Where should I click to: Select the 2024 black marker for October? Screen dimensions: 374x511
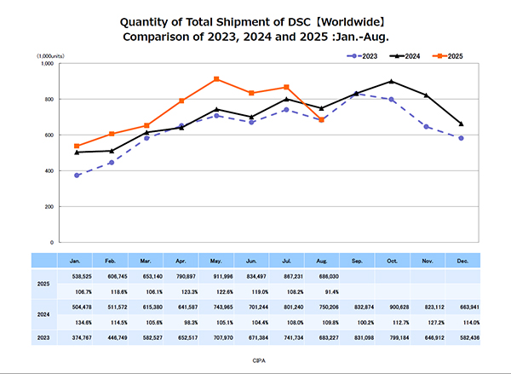391,81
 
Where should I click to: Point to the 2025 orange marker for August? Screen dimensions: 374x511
320,120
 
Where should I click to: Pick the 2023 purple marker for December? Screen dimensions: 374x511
461,138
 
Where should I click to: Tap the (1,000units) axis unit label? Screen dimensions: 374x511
52,55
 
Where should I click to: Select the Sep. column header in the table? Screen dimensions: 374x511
356,260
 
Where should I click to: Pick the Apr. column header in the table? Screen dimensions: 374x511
181,260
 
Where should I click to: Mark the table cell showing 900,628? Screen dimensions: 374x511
391,308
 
